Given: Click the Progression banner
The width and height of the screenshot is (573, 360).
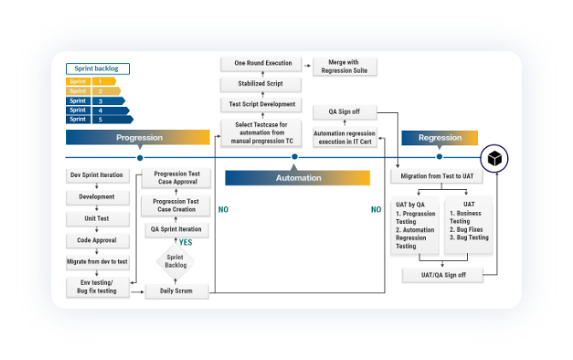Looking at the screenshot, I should (138, 138).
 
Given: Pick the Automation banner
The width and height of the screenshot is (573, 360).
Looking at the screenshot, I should (298, 178).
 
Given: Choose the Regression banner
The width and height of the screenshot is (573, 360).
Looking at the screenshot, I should (440, 138).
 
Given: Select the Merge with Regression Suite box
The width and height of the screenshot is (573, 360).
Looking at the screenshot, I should (346, 66).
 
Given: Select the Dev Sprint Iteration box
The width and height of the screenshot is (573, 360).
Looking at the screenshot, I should (97, 176).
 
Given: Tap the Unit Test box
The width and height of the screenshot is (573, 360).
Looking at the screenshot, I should (97, 219).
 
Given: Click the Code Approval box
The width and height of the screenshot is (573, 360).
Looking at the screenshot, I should (97, 240).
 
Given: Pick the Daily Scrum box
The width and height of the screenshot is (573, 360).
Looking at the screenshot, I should (174, 291).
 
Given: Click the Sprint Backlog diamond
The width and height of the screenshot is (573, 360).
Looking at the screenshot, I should (174, 261).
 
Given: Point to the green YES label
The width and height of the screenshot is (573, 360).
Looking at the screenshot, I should (185, 242).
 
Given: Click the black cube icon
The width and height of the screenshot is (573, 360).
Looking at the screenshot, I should (494, 158).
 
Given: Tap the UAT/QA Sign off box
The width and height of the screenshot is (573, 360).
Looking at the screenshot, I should (442, 275).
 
